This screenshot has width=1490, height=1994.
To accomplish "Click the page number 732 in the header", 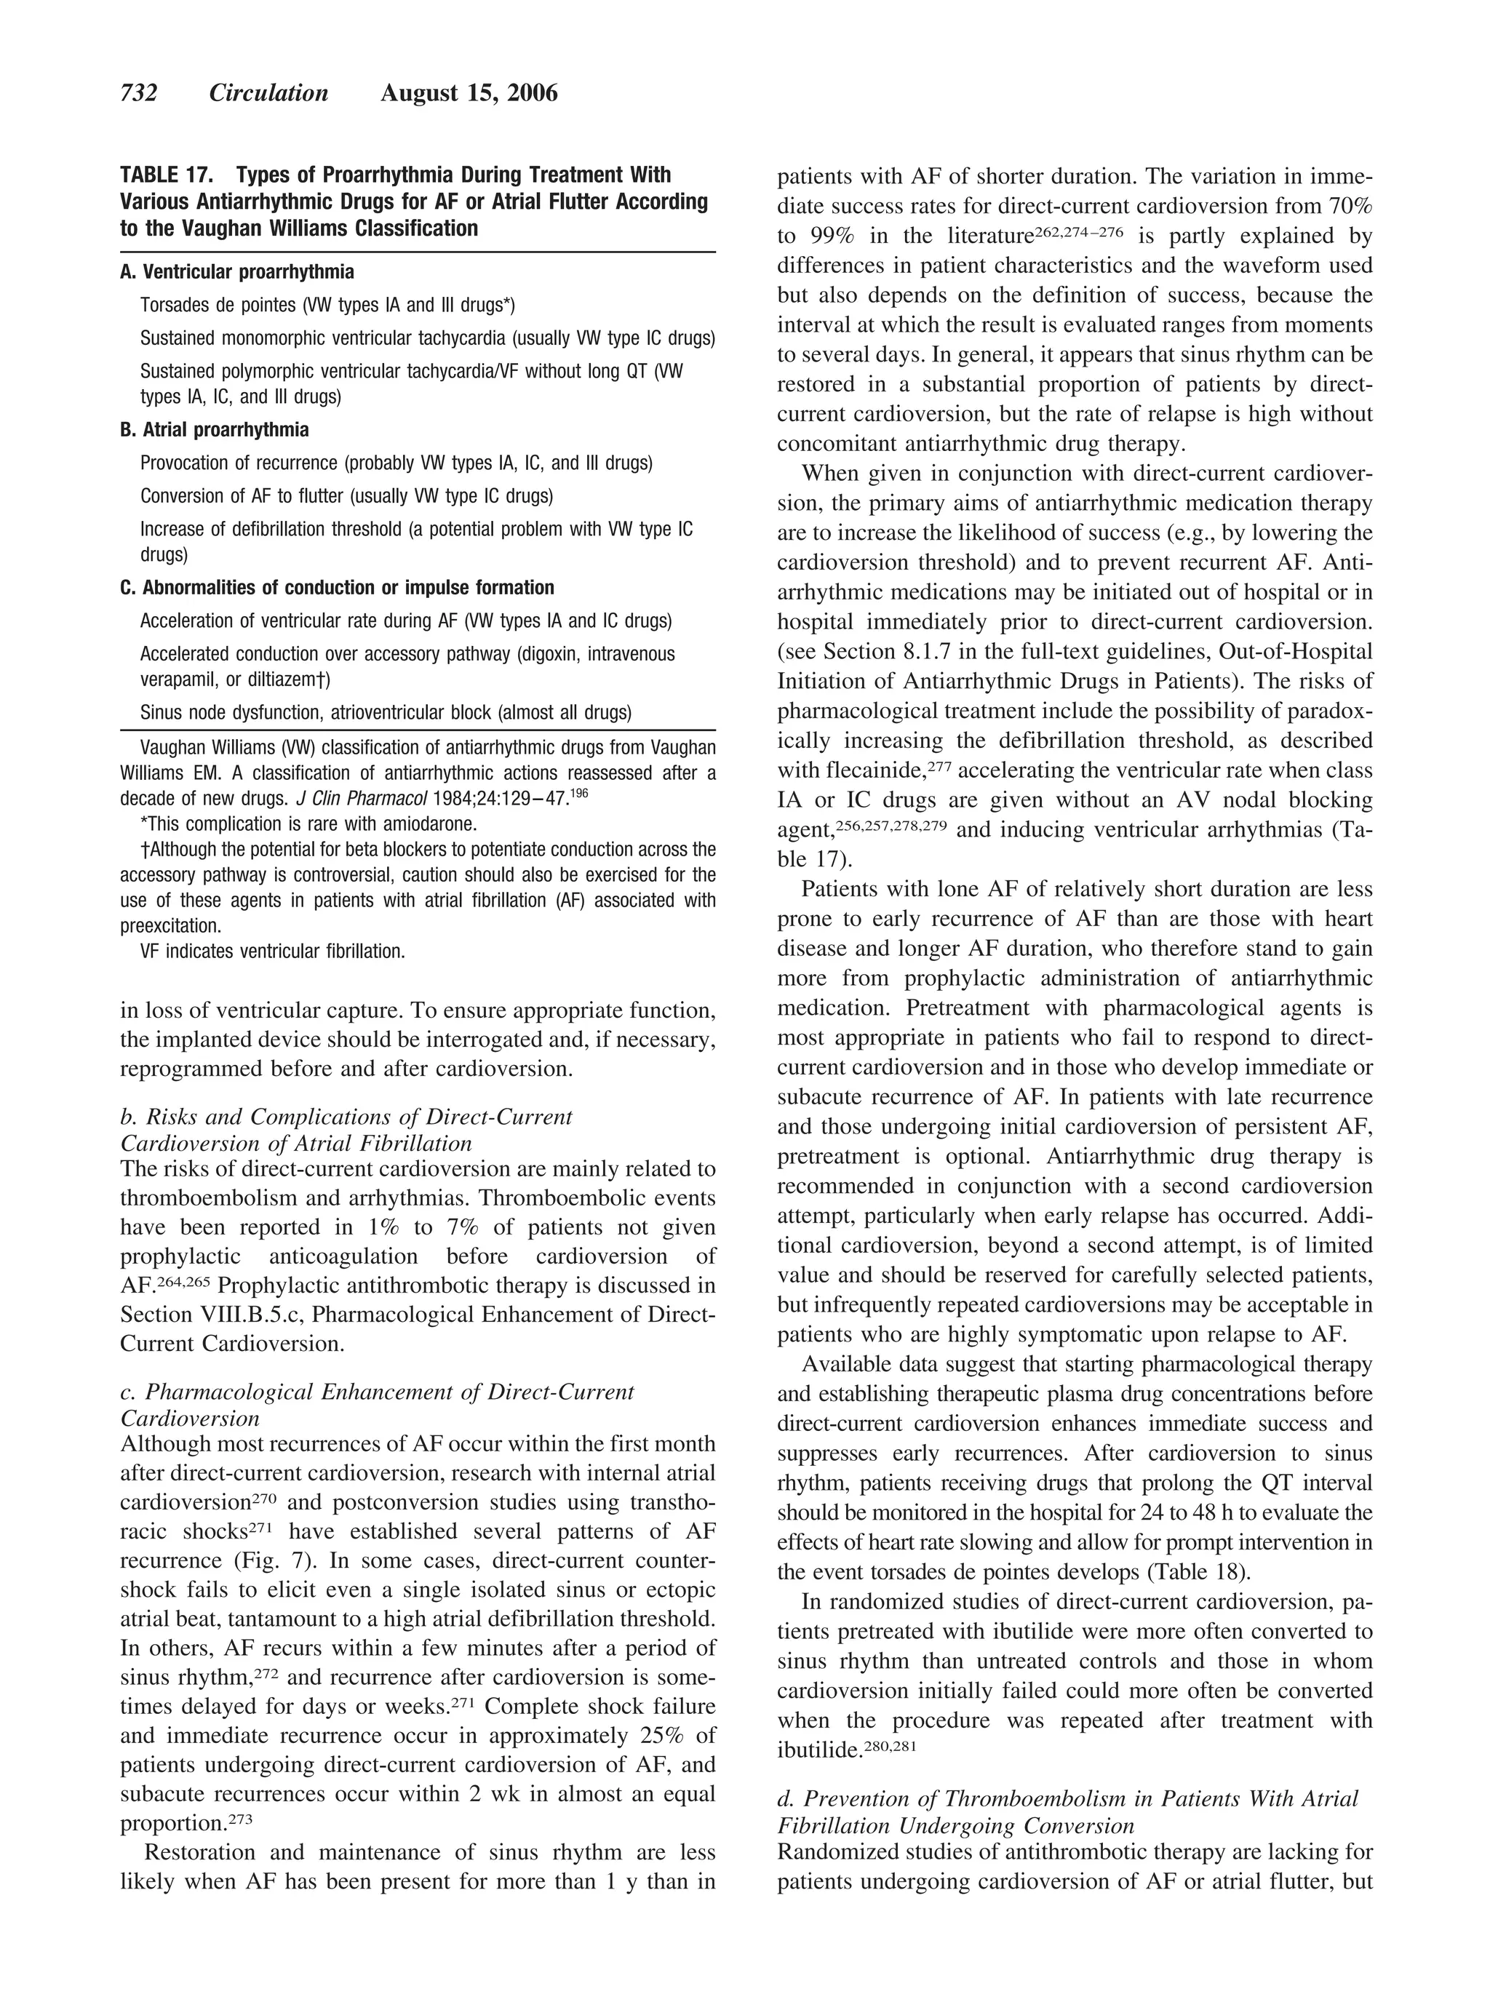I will [x=139, y=94].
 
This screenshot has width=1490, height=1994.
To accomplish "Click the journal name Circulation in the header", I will [x=268, y=94].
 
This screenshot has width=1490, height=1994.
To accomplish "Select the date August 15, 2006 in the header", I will [x=469, y=94].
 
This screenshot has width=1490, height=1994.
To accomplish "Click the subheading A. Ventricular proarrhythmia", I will [x=237, y=272].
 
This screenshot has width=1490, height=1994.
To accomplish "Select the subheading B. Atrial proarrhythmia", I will [x=215, y=430].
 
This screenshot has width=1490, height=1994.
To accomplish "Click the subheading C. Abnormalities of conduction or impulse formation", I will [x=337, y=588].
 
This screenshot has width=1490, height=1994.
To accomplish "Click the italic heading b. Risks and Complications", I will [x=346, y=1117].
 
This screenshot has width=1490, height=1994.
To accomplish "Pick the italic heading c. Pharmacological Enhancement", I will [x=377, y=1392].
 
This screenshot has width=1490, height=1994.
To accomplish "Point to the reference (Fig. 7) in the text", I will [x=306, y=1560].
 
